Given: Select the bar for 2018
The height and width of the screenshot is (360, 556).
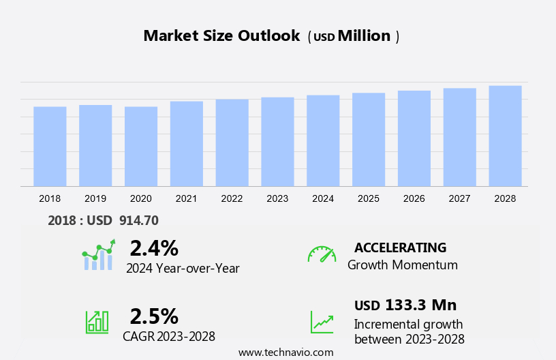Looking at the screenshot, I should (x=50, y=146).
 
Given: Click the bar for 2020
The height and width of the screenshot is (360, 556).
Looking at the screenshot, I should (x=141, y=146).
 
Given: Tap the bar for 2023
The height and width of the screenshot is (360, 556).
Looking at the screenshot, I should (x=277, y=142).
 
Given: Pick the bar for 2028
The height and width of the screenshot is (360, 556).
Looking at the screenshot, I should (x=505, y=136).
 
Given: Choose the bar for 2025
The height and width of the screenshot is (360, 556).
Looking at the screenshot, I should (x=369, y=139).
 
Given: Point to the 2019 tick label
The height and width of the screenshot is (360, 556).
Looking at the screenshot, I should (x=95, y=198).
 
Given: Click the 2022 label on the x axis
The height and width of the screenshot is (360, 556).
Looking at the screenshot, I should (x=232, y=198).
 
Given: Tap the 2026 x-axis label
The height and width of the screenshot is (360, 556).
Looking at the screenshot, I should (x=414, y=198).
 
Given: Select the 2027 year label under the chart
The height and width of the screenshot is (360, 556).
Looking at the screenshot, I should (x=459, y=198).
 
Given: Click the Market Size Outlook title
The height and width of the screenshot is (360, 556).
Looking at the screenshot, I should (x=221, y=36).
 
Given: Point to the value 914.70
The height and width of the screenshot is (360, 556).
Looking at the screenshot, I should (x=139, y=221).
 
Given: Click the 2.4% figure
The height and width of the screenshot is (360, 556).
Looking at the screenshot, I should (x=154, y=247).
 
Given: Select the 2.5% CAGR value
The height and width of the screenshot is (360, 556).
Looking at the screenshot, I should (x=154, y=316).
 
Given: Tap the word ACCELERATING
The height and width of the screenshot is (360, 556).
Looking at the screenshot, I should (x=401, y=247).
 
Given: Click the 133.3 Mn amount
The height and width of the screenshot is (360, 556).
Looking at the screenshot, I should (x=420, y=305).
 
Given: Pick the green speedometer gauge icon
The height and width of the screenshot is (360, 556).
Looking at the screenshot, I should (x=322, y=254).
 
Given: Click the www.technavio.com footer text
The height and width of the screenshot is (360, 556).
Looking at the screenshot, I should (x=285, y=352).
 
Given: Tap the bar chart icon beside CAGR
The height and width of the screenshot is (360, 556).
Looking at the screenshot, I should (x=97, y=321).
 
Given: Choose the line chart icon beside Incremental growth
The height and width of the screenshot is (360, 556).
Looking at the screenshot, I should (x=322, y=321).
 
